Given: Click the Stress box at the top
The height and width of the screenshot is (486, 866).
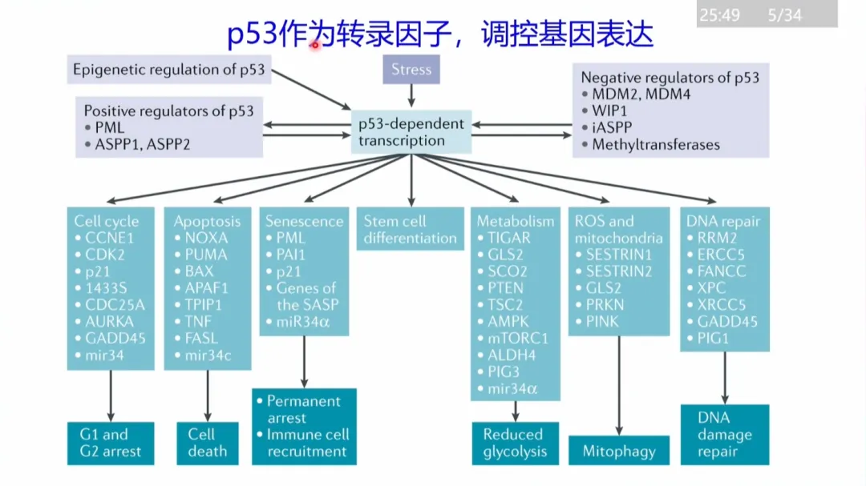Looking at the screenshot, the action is (411, 70).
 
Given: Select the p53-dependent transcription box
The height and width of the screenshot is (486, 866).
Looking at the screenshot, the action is (411, 132).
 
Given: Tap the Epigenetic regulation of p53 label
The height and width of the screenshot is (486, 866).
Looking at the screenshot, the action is (169, 70).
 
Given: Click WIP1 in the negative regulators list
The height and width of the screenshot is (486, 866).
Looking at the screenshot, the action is (609, 110).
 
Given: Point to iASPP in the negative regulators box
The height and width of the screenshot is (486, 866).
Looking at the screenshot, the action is (612, 127).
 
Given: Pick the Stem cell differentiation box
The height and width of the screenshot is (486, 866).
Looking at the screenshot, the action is (411, 229).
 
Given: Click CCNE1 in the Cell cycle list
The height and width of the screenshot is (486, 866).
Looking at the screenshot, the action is (109, 238).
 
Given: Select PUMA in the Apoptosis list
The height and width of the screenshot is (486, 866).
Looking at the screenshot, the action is (206, 255).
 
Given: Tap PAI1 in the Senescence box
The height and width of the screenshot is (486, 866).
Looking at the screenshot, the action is (290, 255).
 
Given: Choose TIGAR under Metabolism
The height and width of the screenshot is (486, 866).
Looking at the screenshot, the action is (508, 238).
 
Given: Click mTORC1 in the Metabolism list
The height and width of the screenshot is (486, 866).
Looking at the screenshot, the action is (517, 338).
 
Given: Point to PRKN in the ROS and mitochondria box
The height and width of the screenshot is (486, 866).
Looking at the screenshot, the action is (605, 304).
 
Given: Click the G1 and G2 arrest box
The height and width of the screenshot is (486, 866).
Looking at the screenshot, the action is (111, 443).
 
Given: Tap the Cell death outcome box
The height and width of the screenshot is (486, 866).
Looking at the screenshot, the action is (208, 443).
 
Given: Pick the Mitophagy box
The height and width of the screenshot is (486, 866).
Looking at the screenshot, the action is (619, 451).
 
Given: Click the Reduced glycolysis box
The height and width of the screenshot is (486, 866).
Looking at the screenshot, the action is (516, 443).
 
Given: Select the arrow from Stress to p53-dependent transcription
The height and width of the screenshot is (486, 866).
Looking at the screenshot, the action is (411, 95).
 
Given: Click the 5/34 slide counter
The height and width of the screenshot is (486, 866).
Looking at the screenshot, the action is (784, 15).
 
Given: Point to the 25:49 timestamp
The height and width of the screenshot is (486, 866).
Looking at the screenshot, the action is (719, 15).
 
